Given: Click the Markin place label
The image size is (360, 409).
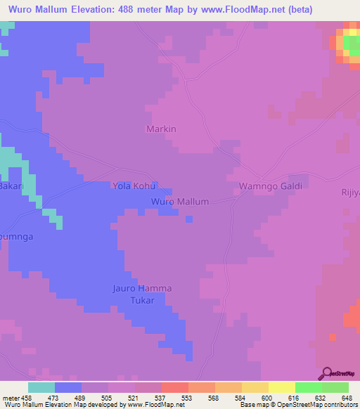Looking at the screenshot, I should tap(161, 129).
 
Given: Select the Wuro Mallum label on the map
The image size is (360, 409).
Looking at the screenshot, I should tap(180, 202).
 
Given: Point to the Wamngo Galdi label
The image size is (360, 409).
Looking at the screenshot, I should tap(271, 186).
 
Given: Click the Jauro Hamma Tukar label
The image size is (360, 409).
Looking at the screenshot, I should tap(142, 294).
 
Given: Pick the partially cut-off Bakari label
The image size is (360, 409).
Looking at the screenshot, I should tap(11, 186).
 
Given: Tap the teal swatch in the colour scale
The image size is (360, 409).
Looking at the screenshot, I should tap(41, 387).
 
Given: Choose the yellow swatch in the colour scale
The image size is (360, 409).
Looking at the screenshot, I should tap(282, 387).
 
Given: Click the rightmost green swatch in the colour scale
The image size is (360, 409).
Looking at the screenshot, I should tap(335, 387).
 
